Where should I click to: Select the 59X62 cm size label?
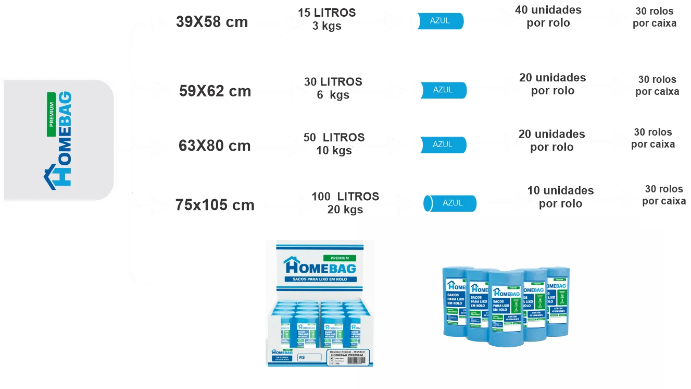pyautogui.click(x=215, y=92)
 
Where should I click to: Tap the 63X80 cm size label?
pyautogui.click(x=215, y=146)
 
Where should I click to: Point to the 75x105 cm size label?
pyautogui.click(x=215, y=205)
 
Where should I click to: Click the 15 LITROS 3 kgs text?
pyautogui.click(x=326, y=19)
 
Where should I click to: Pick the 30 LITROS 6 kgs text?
pyautogui.click(x=333, y=88)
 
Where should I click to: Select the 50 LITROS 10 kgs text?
pyautogui.click(x=334, y=143)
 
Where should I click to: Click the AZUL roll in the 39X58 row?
pyautogui.click(x=437, y=21)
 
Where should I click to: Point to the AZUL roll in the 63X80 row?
pyautogui.click(x=440, y=144)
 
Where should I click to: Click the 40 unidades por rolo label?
pyautogui.click(x=548, y=17)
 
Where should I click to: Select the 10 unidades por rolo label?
pyautogui.click(x=560, y=197)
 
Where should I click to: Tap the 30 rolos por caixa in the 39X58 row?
pyautogui.click(x=655, y=17)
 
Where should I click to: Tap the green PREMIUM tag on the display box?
pyautogui.click(x=340, y=258)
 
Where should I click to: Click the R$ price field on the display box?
pyautogui.click(x=309, y=358)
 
